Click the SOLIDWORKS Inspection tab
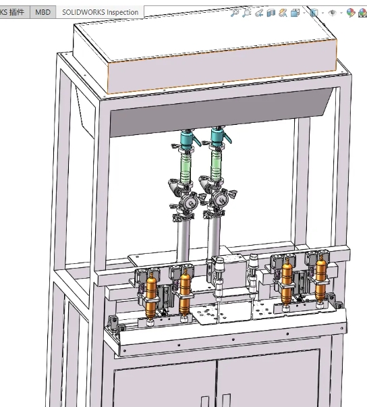click(99, 12)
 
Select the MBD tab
click(43, 12)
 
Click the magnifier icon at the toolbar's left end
click(235, 13)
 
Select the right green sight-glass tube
click(217, 161)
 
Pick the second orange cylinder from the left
click(186, 292)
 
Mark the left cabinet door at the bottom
click(163, 385)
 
